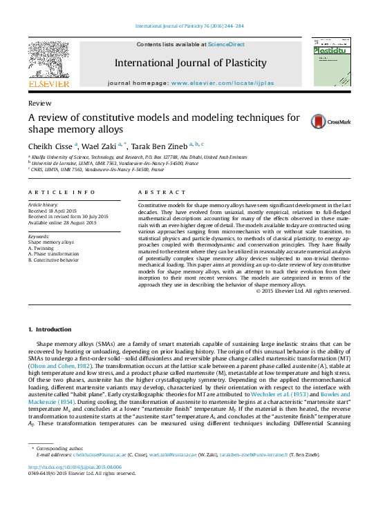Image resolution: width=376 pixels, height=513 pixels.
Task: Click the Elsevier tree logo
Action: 48,61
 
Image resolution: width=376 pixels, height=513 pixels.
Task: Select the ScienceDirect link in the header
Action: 227,44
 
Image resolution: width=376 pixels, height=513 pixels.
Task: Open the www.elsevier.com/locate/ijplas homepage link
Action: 218,83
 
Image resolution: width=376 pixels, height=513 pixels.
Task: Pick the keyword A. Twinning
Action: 43,249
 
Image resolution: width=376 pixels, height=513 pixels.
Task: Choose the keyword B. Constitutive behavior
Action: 53,260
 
